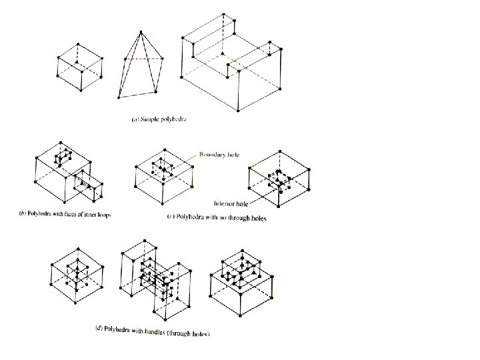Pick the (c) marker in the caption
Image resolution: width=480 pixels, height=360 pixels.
point(168,218)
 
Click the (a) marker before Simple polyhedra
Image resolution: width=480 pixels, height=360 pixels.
point(134,120)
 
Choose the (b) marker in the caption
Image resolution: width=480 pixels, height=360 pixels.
point(19,215)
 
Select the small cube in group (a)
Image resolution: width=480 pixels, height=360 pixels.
point(79,67)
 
